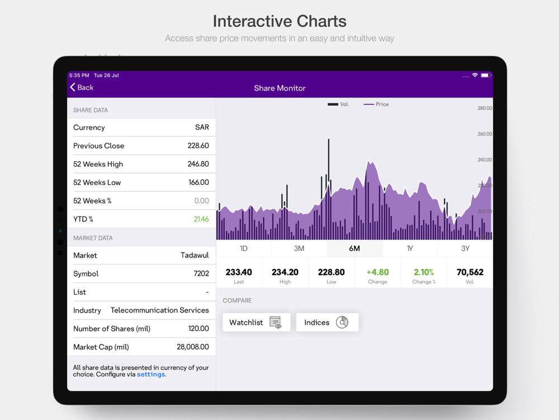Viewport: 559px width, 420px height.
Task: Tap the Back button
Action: click(x=82, y=87)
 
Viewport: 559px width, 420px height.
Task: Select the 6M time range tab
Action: click(x=354, y=249)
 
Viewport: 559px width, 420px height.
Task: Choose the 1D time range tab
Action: click(x=244, y=249)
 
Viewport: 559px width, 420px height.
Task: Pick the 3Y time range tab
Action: click(x=465, y=249)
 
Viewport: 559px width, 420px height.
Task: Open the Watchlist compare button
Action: click(x=257, y=322)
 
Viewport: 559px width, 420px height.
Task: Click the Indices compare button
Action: click(x=327, y=322)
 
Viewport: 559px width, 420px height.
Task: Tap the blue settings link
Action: click(x=151, y=374)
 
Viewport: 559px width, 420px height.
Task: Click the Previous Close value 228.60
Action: click(x=198, y=146)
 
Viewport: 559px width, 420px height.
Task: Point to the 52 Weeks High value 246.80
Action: click(x=198, y=164)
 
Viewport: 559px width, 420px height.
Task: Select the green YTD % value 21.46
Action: click(x=201, y=219)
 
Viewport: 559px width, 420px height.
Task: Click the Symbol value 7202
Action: click(x=201, y=274)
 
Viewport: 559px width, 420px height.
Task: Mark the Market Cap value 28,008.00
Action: click(x=193, y=347)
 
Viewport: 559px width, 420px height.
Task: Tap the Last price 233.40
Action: click(x=239, y=273)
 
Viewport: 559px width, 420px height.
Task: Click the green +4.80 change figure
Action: click(x=377, y=273)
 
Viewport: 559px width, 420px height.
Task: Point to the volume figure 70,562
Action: click(x=470, y=273)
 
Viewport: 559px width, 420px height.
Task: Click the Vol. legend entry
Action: click(x=339, y=104)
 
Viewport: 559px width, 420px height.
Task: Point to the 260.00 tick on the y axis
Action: click(x=485, y=134)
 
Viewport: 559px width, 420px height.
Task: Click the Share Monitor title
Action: click(x=279, y=88)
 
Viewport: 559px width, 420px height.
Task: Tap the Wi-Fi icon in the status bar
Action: click(x=475, y=75)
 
